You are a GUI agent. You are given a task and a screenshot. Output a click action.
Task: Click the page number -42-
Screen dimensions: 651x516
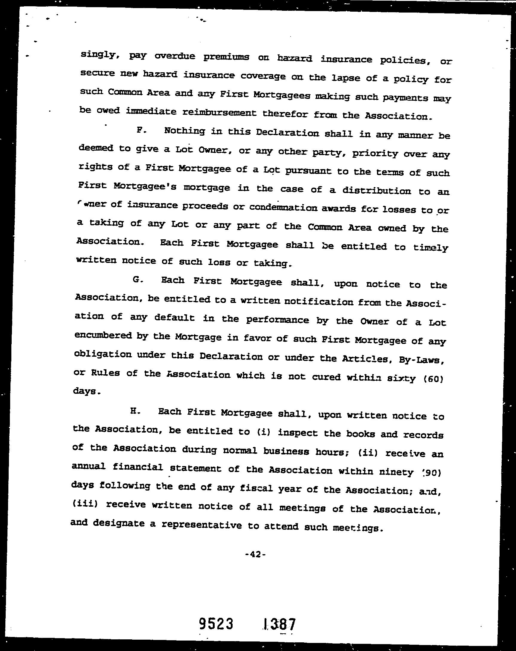pos(255,555)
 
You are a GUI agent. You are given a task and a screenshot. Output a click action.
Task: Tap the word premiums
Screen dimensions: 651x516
pos(226,57)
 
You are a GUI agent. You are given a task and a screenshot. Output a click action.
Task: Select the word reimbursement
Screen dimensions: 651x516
pos(220,113)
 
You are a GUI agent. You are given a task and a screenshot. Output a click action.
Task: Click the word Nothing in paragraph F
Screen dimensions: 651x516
pos(184,131)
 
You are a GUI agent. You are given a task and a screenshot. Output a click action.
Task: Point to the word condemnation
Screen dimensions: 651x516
pos(283,208)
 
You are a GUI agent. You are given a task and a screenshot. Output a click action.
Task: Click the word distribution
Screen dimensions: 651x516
pos(376,191)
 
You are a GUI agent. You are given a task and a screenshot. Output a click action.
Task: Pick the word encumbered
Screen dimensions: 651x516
pos(103,336)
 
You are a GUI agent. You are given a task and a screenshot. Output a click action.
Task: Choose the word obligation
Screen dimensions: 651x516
pos(103,354)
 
